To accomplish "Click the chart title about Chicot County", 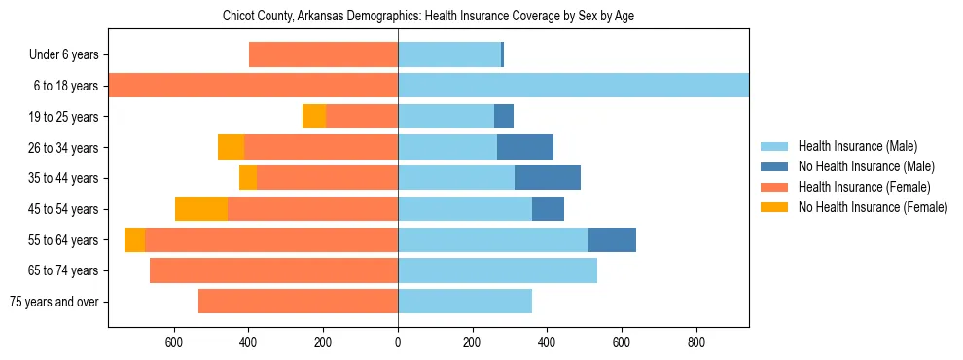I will point(428,17).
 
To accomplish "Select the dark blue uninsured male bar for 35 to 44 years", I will point(547,178).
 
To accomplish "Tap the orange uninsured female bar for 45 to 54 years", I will point(201,209).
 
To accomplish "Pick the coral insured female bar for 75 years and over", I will point(298,302).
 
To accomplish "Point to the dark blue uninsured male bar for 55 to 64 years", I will point(612,239).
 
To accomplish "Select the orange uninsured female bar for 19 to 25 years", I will point(314,117).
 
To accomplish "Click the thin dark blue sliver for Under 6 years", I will point(502,54).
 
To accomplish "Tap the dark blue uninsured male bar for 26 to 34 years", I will point(525,148).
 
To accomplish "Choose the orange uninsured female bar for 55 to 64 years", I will point(134,239).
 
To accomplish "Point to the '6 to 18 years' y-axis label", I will point(66,86).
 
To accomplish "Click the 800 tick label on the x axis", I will point(696,343).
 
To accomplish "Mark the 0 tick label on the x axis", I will point(398,343).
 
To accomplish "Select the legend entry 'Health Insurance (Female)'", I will point(864,187).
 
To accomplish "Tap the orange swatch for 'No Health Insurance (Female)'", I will point(774,207).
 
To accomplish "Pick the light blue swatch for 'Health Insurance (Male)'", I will point(774,146).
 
